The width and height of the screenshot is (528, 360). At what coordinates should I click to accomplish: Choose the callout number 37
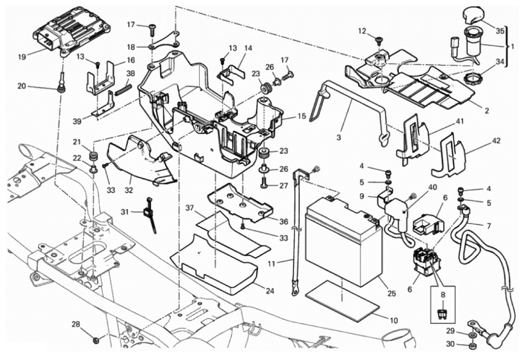pyautogui.click(x=190, y=208)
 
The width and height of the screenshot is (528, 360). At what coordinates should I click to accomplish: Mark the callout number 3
pyautogui.click(x=339, y=138)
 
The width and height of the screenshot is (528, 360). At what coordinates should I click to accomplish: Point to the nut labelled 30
pyautogui.click(x=472, y=345)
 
